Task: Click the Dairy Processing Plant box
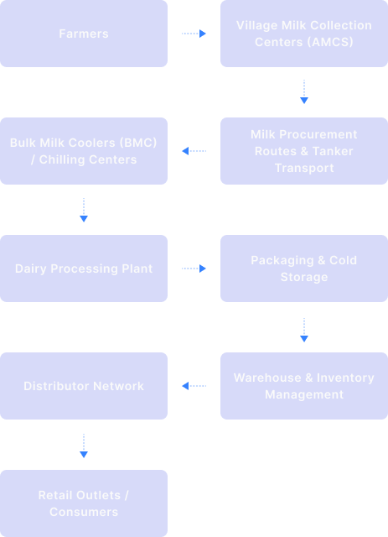tap(84, 268)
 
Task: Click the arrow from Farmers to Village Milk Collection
tap(194, 34)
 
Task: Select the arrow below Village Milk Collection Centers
tap(304, 92)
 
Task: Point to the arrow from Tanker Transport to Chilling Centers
tap(194, 151)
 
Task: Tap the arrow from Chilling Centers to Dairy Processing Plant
tap(84, 210)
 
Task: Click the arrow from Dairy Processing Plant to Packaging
tap(194, 268)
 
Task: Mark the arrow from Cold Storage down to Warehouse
tap(304, 330)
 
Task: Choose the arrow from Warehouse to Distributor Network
tap(194, 386)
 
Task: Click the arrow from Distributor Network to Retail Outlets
tap(84, 446)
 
